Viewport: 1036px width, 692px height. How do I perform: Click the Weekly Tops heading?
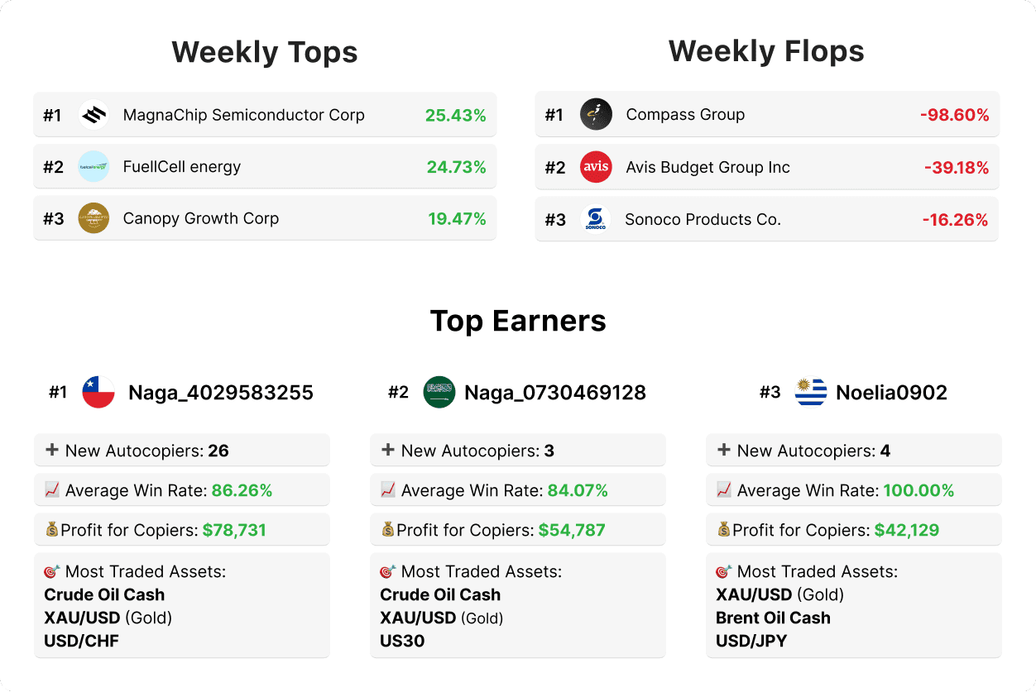click(x=265, y=53)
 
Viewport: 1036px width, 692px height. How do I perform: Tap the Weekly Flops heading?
click(x=766, y=51)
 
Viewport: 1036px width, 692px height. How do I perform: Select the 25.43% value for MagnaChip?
click(x=455, y=115)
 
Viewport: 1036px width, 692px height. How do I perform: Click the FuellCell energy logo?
click(x=94, y=166)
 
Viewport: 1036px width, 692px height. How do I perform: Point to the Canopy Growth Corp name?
click(x=200, y=218)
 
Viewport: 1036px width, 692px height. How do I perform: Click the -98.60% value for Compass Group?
click(x=954, y=115)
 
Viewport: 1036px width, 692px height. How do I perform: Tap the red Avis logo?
click(x=596, y=167)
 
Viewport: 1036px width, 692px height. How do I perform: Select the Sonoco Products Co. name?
click(x=703, y=219)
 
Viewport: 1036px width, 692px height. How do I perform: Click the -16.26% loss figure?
click(x=955, y=219)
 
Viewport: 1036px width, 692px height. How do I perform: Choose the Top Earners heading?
click(x=518, y=321)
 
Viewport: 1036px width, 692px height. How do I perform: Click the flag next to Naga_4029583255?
click(x=98, y=392)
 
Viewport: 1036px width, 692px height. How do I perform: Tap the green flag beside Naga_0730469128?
click(x=439, y=392)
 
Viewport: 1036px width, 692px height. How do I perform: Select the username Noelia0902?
click(x=891, y=392)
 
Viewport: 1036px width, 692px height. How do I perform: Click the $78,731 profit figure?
click(x=234, y=530)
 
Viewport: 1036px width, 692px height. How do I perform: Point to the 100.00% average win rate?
click(x=918, y=490)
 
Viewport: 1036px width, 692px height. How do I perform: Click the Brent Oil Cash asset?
click(x=773, y=618)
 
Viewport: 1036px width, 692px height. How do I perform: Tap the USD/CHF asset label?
click(x=81, y=641)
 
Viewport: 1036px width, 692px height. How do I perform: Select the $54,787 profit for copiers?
click(x=572, y=530)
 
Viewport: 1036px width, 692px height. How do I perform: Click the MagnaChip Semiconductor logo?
click(x=94, y=115)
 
